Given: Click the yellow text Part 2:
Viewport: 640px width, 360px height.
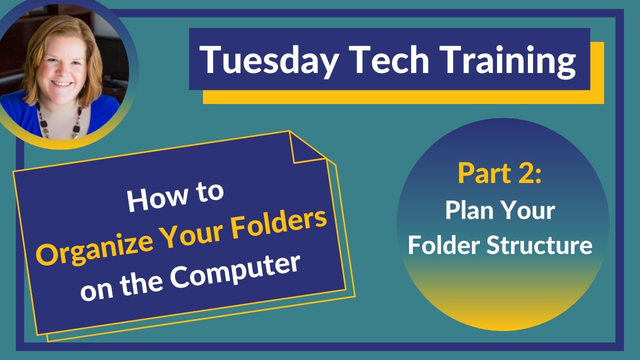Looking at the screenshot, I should [499, 173].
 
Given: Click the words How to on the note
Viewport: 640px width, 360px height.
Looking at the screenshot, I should [174, 195].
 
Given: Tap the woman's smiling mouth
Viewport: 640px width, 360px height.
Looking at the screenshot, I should [62, 83].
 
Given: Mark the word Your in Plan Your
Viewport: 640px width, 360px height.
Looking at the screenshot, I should [529, 211].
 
